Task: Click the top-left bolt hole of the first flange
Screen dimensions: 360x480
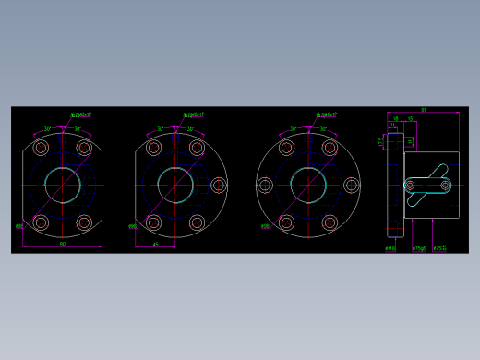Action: pyautogui.click(x=41, y=148)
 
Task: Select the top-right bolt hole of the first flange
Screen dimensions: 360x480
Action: pyautogui.click(x=84, y=148)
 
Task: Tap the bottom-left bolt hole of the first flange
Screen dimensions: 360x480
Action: pyautogui.click(x=41, y=222)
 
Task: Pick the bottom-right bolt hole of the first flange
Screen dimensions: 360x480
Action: pyautogui.click(x=84, y=222)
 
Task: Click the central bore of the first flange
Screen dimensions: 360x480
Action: pyautogui.click(x=63, y=185)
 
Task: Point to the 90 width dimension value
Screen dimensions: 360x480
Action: pyautogui.click(x=62, y=245)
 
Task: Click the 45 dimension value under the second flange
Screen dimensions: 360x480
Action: pyautogui.click(x=155, y=245)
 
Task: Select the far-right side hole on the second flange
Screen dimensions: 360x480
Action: pyautogui.click(x=219, y=186)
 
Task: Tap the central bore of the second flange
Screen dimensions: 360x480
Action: pyautogui.click(x=175, y=185)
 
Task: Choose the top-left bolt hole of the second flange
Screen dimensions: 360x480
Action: pyautogui.click(x=153, y=148)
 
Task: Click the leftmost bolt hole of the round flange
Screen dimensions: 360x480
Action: pyautogui.click(x=265, y=186)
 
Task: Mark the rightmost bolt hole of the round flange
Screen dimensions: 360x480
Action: pyautogui.click(x=351, y=186)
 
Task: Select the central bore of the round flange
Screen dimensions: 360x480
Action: pyautogui.click(x=307, y=185)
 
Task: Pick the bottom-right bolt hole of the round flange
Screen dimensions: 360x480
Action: pyautogui.click(x=330, y=222)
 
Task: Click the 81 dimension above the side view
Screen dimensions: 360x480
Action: pyautogui.click(x=423, y=110)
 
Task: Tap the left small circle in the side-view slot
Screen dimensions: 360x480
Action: pyautogui.click(x=410, y=186)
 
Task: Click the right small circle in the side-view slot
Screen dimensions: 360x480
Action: pyautogui.click(x=445, y=186)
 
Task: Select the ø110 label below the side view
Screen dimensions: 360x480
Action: pyautogui.click(x=390, y=248)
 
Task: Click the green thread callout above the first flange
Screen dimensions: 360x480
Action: pyautogui.click(x=81, y=115)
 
